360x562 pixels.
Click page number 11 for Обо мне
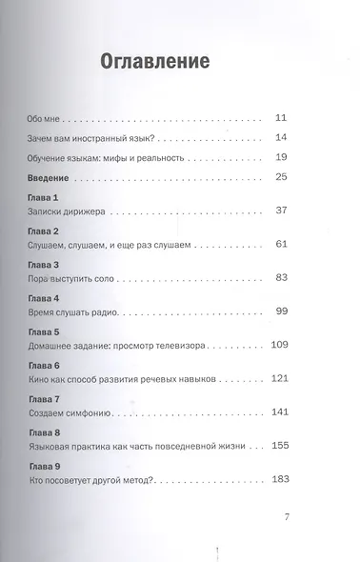click(x=280, y=118)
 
